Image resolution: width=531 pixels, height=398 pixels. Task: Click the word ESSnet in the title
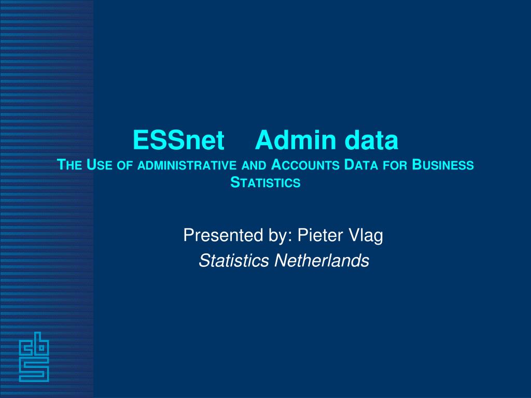pos(178,140)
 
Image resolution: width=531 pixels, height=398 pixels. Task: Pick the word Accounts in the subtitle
pos(305,165)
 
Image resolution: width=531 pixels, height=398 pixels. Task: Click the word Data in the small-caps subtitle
pos(361,165)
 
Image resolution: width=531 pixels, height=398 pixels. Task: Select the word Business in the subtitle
pos(443,165)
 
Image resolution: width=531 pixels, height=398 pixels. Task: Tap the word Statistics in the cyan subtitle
pos(265,182)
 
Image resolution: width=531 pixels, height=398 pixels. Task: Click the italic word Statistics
pos(234,261)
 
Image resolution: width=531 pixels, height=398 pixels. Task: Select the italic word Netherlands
pos(322,261)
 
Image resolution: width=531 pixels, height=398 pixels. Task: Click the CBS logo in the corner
pos(34,357)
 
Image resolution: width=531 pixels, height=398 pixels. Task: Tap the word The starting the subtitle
pos(69,165)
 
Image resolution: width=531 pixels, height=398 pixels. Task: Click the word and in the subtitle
pos(254,165)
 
